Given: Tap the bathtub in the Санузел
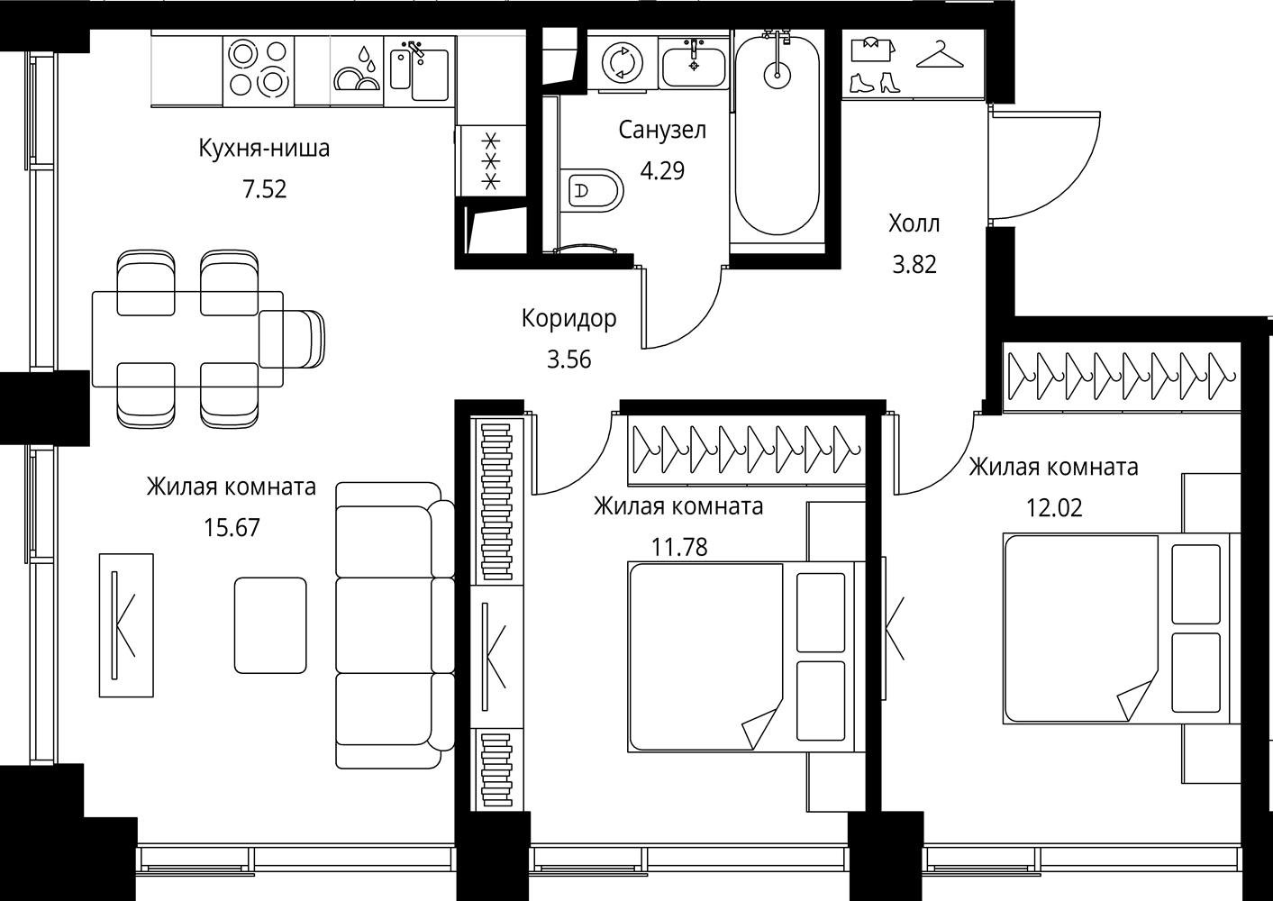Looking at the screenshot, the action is [777, 135].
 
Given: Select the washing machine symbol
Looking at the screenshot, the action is [623, 62].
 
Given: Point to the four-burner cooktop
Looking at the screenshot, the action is [258, 71].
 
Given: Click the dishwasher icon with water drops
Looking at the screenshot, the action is [357, 70].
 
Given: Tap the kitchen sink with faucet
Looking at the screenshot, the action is [420, 70].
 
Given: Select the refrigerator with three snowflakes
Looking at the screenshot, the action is [491, 161].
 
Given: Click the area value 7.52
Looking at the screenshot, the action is [265, 189].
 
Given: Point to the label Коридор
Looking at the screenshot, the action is [568, 318].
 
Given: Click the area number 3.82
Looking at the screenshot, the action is [914, 265].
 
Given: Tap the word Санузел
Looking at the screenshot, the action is [662, 130].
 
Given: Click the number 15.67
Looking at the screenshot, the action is [232, 527].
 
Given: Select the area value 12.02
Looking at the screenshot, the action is [1054, 508].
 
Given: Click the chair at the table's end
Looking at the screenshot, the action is [292, 339].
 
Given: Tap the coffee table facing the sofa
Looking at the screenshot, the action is [270, 625].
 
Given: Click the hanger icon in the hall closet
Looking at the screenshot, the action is [940, 55].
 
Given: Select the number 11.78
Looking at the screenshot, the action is [679, 548].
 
